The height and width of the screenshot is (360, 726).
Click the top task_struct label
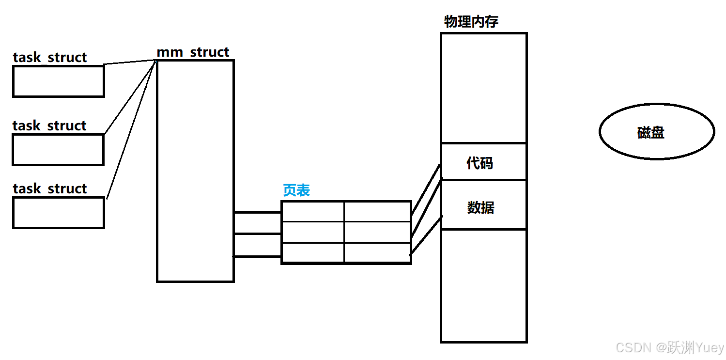(49, 57)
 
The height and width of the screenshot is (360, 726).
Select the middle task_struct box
(58, 150)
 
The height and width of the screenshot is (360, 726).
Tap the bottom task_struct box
(58, 213)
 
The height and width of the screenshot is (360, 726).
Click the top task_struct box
(58, 81)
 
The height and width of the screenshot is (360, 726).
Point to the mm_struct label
(193, 52)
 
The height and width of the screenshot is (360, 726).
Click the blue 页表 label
(296, 190)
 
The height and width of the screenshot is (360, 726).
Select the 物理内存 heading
(471, 22)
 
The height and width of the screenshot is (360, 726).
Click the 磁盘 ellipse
(656, 132)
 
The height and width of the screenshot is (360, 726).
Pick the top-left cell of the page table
(313, 212)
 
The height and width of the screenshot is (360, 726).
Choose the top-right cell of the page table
(377, 212)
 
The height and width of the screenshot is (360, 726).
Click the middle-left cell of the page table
(313, 233)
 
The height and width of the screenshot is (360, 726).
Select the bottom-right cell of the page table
(377, 252)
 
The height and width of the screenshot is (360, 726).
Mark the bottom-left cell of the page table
(313, 252)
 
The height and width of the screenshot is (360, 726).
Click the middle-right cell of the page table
(377, 233)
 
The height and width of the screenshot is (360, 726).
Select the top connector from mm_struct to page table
(257, 212)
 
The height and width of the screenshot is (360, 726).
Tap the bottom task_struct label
(49, 188)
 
